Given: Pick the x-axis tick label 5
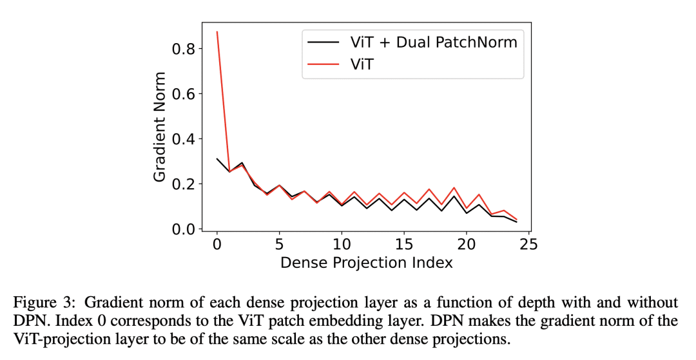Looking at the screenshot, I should coord(279,245).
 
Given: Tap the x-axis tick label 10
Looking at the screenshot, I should coord(342,245).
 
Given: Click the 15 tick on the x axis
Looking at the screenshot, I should coord(404,245).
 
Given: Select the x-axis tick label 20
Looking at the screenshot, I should coord(466,245).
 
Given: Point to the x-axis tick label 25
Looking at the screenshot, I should coord(528,245).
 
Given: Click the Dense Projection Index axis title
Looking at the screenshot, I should coord(366,262).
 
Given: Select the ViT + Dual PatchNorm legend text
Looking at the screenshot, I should coord(433,43).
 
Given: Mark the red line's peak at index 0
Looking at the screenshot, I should coord(217,32).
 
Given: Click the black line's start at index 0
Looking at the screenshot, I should coord(217,158).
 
